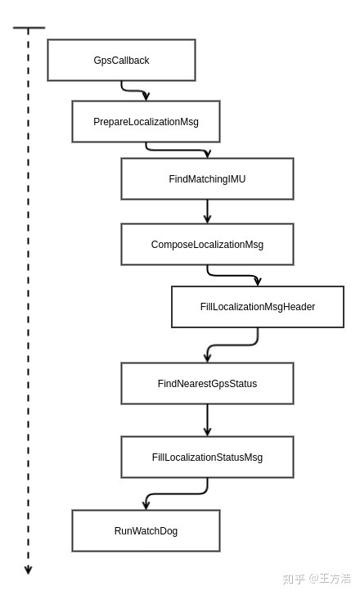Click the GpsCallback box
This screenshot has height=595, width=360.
(x=121, y=60)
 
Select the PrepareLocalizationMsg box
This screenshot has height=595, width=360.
(x=146, y=121)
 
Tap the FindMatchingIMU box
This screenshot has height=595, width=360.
(x=207, y=178)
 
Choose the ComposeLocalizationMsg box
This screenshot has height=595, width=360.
(x=207, y=244)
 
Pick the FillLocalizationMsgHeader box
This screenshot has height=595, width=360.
(x=258, y=307)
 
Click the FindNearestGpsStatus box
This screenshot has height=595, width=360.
(x=207, y=383)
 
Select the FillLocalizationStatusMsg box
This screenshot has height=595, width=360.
(x=207, y=457)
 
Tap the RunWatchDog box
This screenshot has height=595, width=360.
(x=146, y=530)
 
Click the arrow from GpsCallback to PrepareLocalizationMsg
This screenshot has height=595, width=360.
(x=133, y=91)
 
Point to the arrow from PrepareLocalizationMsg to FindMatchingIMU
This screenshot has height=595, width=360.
(x=177, y=150)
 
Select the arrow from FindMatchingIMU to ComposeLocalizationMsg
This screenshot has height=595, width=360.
(x=207, y=211)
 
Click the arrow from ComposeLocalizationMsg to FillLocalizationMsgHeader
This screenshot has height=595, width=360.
(x=232, y=276)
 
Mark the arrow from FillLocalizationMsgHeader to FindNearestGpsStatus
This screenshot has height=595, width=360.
(x=232, y=345)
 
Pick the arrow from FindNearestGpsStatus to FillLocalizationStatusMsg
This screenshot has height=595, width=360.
(x=207, y=420)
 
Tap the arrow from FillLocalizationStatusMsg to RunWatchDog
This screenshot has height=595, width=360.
(x=177, y=494)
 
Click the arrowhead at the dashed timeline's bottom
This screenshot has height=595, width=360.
(x=28, y=570)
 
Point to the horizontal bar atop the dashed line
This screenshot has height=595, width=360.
(x=29, y=28)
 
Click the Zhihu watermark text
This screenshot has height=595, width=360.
(x=317, y=579)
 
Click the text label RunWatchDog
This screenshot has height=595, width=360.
(x=146, y=530)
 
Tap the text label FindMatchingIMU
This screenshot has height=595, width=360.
(x=207, y=178)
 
